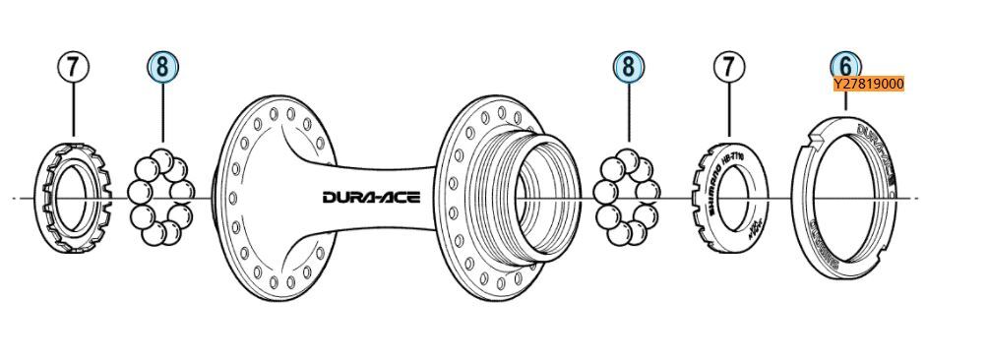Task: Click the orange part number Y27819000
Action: pyautogui.click(x=868, y=85)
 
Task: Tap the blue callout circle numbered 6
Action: pyautogui.click(x=845, y=65)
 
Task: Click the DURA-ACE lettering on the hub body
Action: pyautogui.click(x=371, y=197)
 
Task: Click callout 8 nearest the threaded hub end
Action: pyautogui.click(x=628, y=66)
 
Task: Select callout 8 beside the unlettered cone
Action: pyautogui.click(x=162, y=66)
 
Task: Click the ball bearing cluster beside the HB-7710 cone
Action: pyautogui.click(x=627, y=198)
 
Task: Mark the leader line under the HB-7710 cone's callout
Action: pyautogui.click(x=729, y=108)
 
